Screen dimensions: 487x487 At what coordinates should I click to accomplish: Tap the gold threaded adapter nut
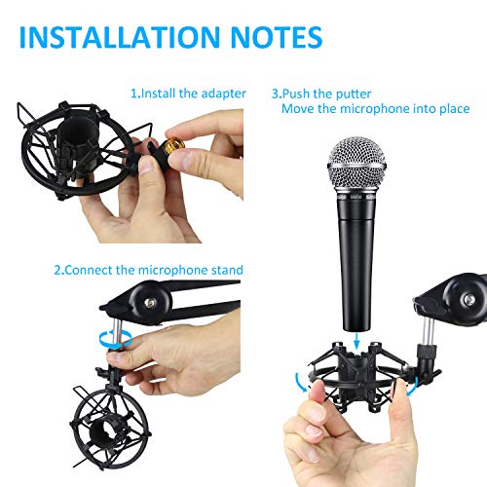174,147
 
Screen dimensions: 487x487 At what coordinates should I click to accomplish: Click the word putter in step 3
354,94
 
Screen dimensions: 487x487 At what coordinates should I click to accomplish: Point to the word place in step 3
455,109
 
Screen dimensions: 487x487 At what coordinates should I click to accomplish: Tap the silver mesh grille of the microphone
356,165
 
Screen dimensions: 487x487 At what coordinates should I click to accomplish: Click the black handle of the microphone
356,263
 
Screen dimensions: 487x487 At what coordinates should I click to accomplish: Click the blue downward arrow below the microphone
356,341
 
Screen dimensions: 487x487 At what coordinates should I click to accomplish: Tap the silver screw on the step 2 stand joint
150,304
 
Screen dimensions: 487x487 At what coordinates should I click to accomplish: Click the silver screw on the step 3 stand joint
469,299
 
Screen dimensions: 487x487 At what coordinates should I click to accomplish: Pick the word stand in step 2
227,270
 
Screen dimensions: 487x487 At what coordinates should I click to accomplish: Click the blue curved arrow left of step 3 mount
301,382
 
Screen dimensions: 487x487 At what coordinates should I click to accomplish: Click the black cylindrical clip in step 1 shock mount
77,136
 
